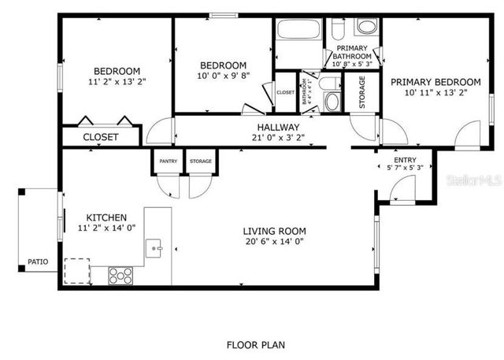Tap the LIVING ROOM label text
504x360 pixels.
click(x=274, y=232)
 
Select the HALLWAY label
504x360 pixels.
click(x=278, y=127)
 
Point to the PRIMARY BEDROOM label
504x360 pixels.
click(x=435, y=82)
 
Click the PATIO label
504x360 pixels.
click(x=37, y=261)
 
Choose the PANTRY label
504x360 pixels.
click(x=168, y=161)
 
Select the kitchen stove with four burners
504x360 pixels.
click(x=120, y=275)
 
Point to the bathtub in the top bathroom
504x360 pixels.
click(x=298, y=32)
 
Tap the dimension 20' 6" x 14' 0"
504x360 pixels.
click(x=274, y=242)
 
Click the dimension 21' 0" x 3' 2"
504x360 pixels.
click(x=278, y=137)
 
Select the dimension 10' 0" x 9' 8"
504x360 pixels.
click(x=223, y=76)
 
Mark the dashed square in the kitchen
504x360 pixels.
click(x=76, y=269)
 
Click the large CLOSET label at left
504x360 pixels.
click(x=101, y=137)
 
